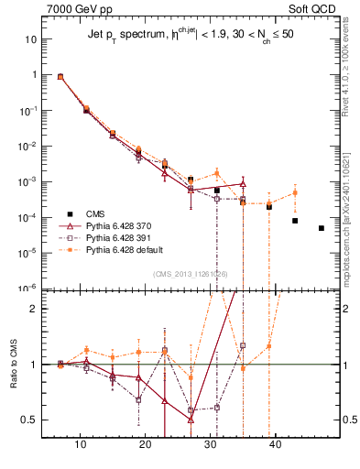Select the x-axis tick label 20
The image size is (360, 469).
[146, 443]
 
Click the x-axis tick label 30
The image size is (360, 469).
[211, 443]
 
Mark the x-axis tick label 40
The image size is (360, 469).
[275, 443]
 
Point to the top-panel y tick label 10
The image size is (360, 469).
[31, 39]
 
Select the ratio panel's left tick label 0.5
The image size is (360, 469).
[32, 420]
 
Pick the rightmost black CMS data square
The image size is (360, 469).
[322, 228]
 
